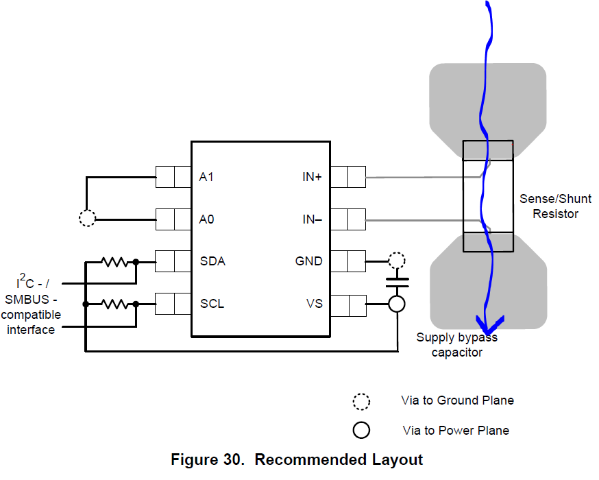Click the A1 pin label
[206, 177]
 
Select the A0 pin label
[206, 219]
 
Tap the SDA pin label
[212, 261]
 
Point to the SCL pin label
[212, 303]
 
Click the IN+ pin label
[312, 177]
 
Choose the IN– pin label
[312, 219]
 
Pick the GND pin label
[309, 261]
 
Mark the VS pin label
[315, 303]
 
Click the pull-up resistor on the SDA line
[114, 261]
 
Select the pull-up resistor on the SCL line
[114, 303]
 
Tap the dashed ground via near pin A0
[87, 219]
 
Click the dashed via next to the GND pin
[396, 261]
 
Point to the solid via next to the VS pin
[396, 304]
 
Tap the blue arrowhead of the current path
[489, 322]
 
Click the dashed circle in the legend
[361, 400]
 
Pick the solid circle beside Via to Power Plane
[361, 431]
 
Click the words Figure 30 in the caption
[207, 459]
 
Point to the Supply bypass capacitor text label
[456, 345]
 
